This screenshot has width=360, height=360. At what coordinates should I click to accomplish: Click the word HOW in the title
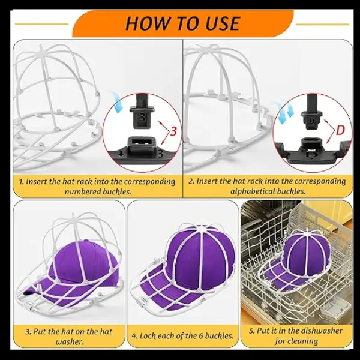(x=146, y=23)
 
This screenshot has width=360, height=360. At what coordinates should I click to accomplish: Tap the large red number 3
(x=174, y=131)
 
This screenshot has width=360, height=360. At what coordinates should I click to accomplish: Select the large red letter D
(x=340, y=131)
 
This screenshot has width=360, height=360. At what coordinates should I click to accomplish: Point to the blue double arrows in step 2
(x=284, y=113)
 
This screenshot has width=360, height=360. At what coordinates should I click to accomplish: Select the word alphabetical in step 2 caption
(x=250, y=191)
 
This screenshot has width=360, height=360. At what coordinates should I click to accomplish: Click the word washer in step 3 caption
(x=70, y=342)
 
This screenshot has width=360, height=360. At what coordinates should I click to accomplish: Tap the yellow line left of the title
(x=41, y=23)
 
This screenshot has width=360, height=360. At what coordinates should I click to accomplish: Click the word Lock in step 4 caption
(x=147, y=335)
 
